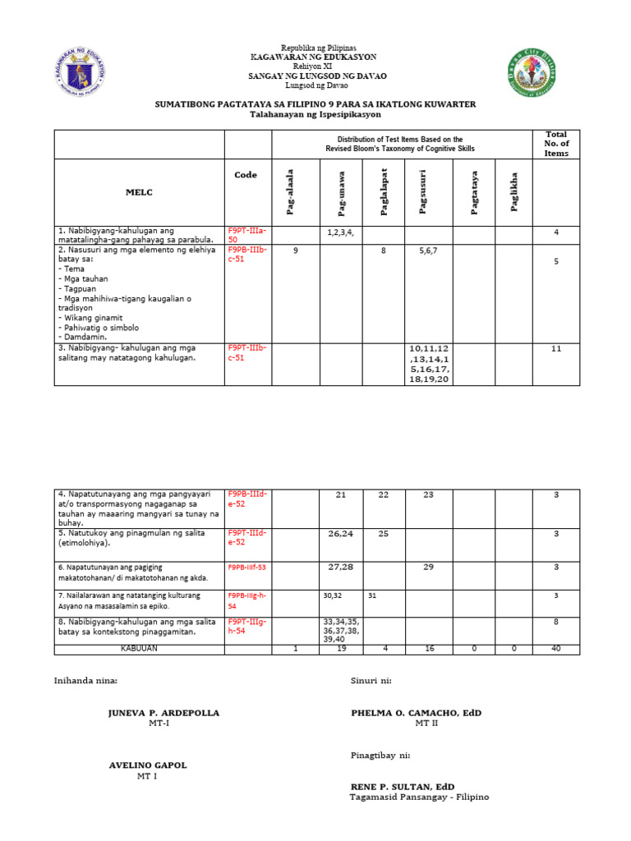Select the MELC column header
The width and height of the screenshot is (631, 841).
click(139, 192)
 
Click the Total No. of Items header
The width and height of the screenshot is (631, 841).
click(556, 144)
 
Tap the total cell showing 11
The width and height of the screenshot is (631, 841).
click(556, 348)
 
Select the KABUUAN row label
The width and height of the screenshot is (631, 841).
click(138, 649)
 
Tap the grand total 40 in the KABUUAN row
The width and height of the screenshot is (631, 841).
click(556, 649)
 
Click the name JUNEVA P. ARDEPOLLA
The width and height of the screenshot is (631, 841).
click(164, 713)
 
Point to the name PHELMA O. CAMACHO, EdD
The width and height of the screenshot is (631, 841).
click(416, 713)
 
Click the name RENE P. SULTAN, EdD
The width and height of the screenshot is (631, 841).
click(403, 787)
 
